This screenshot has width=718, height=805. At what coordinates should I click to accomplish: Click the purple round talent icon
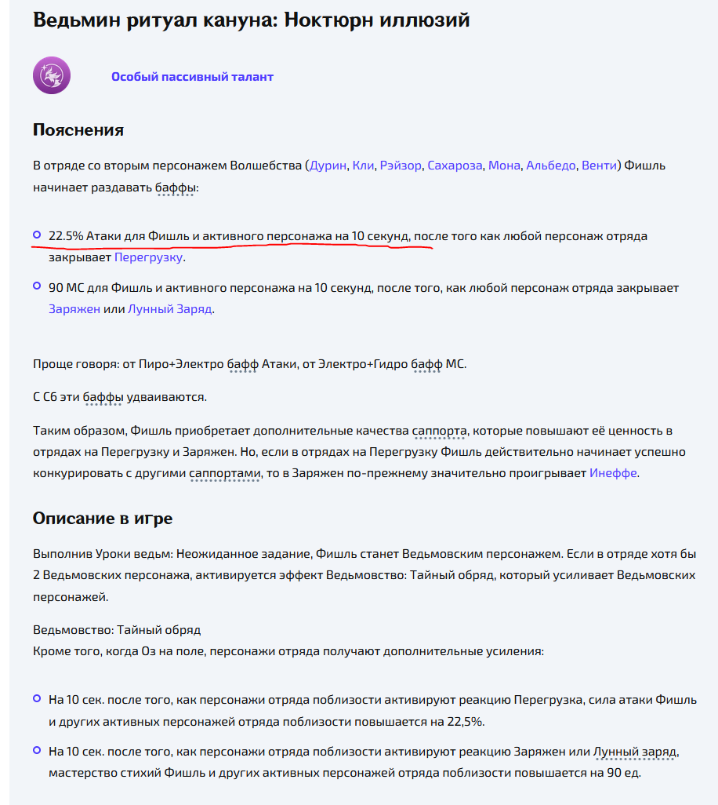52,76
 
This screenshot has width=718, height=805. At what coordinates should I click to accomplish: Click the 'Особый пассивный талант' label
192,77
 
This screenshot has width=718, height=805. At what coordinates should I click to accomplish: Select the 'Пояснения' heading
78,129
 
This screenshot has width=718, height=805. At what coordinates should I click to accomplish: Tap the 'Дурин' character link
328,166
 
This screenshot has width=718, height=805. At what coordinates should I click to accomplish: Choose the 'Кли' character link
363,166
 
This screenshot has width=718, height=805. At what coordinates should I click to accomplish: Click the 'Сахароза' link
455,166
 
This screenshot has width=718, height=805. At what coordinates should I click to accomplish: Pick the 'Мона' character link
504,166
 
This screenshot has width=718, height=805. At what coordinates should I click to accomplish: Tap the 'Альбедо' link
550,166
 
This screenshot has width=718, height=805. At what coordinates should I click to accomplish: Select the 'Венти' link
598,166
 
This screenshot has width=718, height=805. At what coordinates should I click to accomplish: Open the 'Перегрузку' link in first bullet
149,257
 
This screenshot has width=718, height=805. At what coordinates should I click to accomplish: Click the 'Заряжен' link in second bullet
74,309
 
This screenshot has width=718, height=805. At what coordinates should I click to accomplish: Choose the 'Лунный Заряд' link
170,309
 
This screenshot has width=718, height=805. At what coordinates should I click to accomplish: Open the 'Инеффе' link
613,473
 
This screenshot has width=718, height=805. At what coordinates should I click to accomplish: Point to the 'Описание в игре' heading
103,519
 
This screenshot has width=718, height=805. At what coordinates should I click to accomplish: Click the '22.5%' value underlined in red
66,236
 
